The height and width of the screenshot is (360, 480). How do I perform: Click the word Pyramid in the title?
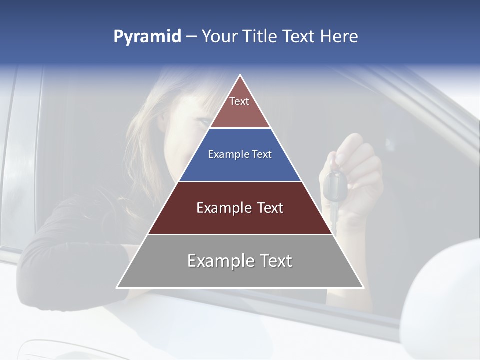click(x=147, y=37)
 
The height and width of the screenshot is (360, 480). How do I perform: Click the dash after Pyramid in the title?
click(x=191, y=37)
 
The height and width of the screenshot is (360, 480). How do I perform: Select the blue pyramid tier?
click(x=240, y=155)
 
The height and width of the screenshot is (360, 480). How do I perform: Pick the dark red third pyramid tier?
click(x=240, y=208)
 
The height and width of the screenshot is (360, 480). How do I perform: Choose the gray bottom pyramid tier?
click(x=240, y=261)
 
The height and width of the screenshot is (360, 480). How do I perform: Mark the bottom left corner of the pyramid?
click(x=117, y=287)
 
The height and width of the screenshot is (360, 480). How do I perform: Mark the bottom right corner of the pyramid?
click(x=363, y=287)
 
